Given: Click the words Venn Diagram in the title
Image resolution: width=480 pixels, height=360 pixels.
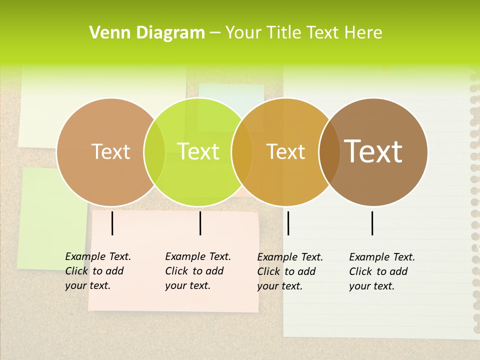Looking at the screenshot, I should [147, 33].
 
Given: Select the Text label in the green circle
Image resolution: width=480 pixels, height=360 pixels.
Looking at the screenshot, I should [198, 151].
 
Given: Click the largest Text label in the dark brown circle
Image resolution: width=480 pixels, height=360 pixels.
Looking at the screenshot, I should [373, 151].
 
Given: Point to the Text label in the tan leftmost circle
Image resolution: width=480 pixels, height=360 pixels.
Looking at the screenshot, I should [110, 151].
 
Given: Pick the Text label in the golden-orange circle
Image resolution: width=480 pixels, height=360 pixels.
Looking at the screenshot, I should [286, 151].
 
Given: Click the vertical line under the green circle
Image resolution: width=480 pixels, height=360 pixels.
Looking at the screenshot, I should [200, 223].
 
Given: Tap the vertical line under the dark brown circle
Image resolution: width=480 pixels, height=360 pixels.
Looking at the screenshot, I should [372, 223].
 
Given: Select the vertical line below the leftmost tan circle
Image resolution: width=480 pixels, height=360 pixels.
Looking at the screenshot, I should [112, 223].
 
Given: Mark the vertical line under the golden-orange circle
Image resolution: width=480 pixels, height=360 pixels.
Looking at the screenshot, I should [288, 223].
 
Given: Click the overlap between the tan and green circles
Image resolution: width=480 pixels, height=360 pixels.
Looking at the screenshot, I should [154, 151].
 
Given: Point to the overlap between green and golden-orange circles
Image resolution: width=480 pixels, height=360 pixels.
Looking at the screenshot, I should [242, 151].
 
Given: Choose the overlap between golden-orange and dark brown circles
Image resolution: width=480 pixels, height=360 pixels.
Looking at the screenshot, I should [329, 151].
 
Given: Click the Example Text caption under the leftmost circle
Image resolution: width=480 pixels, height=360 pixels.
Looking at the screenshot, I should [97, 271].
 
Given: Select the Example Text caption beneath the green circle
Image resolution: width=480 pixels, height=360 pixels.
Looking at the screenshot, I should [197, 271].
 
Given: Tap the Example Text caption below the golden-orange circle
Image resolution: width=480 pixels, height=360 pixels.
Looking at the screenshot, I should [289, 271].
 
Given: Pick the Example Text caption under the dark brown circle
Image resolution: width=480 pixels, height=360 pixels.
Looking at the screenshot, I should [381, 271].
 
